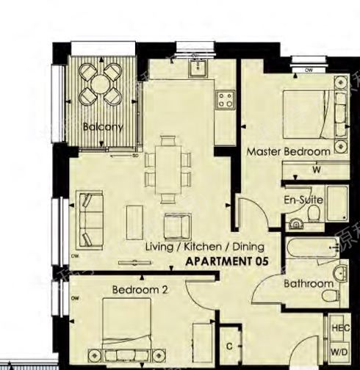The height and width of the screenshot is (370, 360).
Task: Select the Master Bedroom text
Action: click(288, 152)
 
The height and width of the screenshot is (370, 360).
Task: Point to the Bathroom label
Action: click(309, 283)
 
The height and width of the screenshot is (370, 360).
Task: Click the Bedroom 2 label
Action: click(140, 290)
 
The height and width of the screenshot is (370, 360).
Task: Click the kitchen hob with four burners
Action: click(225, 100)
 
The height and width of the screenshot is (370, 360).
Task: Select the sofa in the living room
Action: click(91, 219)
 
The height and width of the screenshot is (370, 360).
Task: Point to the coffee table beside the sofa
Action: click(134, 221)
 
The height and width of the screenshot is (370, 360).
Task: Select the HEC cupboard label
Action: click(340, 328)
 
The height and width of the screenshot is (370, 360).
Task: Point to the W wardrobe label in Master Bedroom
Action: click(317, 170)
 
